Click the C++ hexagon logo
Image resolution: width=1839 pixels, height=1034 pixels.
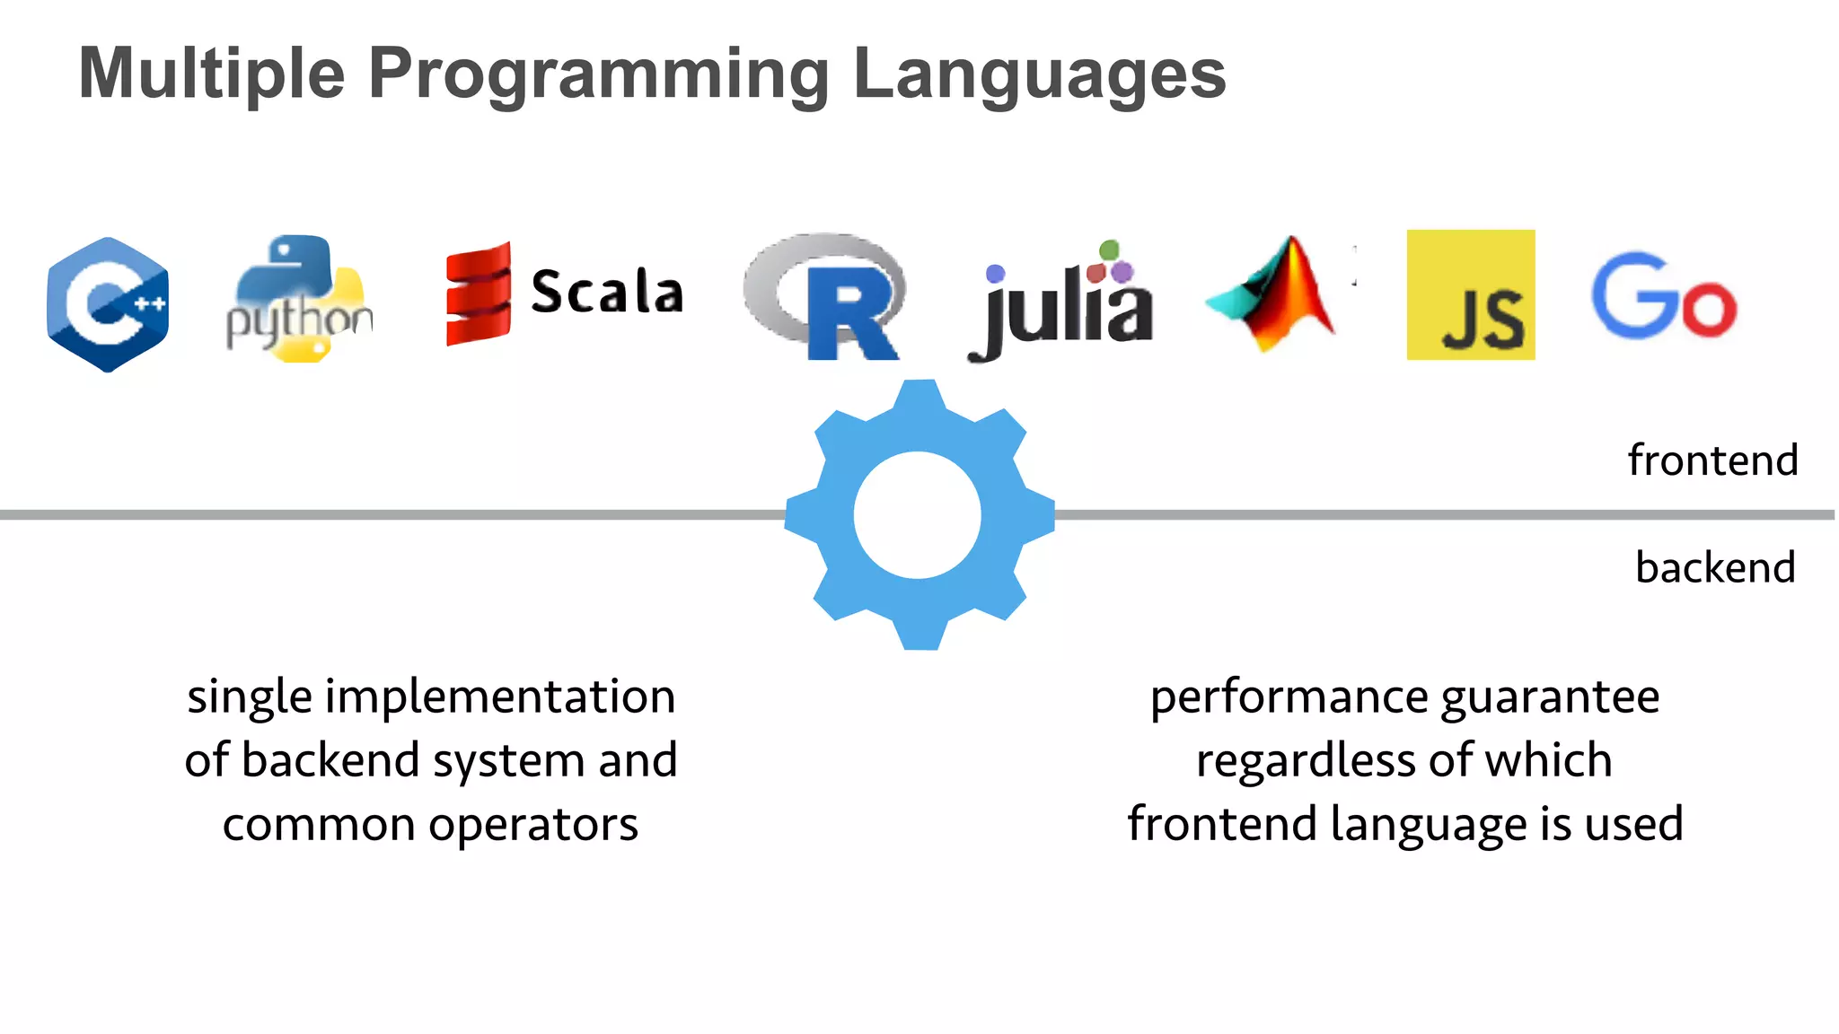click(x=108, y=303)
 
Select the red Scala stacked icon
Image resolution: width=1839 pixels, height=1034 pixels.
click(x=479, y=294)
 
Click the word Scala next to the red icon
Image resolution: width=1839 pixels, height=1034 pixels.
click(x=607, y=292)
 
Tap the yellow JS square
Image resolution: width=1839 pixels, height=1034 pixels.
click(x=1470, y=294)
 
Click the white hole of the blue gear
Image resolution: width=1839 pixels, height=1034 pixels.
click(x=918, y=515)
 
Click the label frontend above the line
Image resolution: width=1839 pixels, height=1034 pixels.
click(x=1712, y=460)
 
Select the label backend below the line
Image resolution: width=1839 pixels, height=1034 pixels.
click(x=1715, y=568)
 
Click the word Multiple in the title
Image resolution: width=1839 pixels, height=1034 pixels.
click(x=212, y=74)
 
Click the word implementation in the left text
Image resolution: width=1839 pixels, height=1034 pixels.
click(x=500, y=697)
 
